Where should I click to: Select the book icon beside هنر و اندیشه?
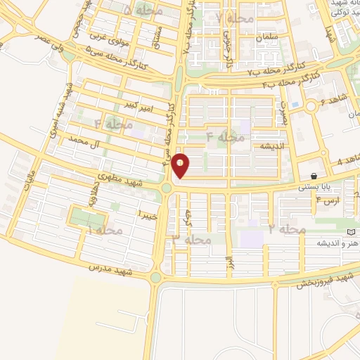[x=352, y=232]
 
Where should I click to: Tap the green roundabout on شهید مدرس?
[x=155, y=277]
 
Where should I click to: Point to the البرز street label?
[x=229, y=262]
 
